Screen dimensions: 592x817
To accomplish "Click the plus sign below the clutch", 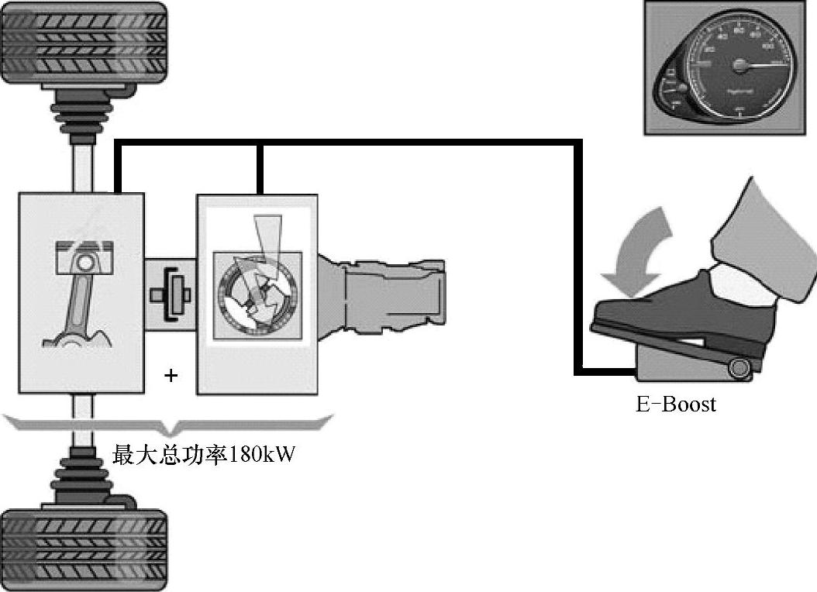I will [171, 376].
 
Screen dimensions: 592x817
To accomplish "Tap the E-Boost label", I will [676, 404].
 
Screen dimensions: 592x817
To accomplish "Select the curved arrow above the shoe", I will [642, 248].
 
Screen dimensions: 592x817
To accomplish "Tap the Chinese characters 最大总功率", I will [166, 454].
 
